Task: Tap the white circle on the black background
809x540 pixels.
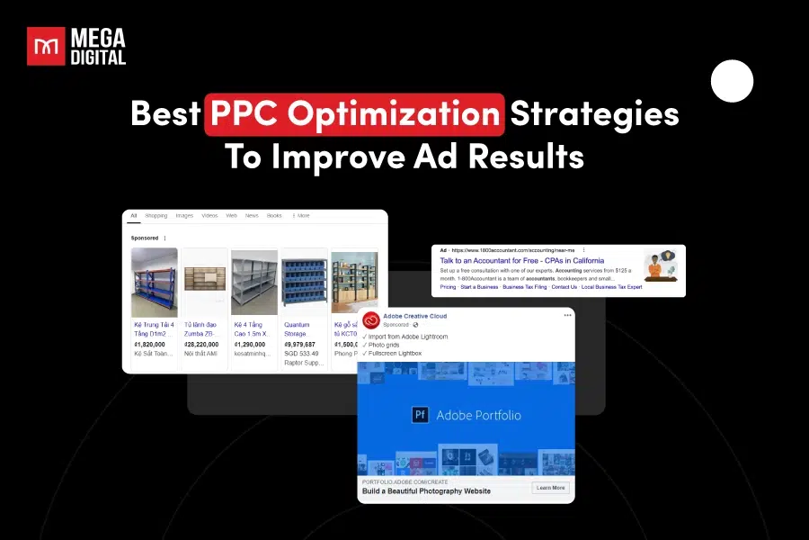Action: pyautogui.click(x=732, y=82)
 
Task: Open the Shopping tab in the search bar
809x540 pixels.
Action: pyautogui.click(x=156, y=216)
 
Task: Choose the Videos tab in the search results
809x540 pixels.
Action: pyautogui.click(x=209, y=216)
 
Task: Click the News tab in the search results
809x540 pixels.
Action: pyautogui.click(x=252, y=216)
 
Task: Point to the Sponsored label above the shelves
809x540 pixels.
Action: pyautogui.click(x=145, y=238)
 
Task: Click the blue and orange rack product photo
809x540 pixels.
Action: pyautogui.click(x=155, y=283)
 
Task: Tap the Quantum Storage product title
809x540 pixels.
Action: pyautogui.click(x=297, y=329)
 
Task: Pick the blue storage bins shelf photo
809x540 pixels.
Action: pyautogui.click(x=304, y=283)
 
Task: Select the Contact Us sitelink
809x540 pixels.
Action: pyautogui.click(x=565, y=287)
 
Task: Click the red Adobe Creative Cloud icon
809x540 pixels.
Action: pyautogui.click(x=371, y=319)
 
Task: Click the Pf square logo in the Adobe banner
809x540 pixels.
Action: pyautogui.click(x=420, y=415)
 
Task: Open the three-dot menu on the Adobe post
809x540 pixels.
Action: pyautogui.click(x=567, y=315)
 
